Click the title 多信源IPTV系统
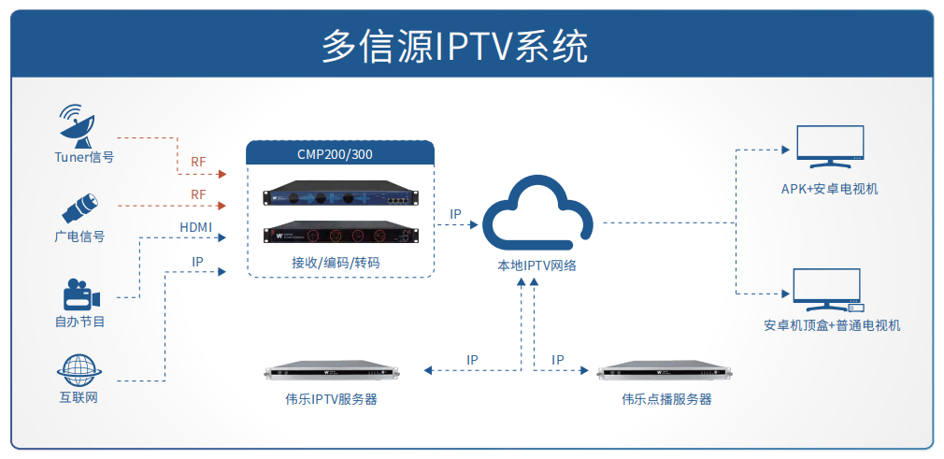point(454,46)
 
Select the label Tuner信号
point(83,158)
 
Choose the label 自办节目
point(79,323)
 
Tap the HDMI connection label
point(196,227)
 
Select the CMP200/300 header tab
point(340,153)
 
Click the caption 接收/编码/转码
point(336,264)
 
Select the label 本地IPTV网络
point(537,265)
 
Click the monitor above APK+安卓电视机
point(829,147)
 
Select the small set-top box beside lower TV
point(856,307)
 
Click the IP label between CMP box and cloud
point(455,214)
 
